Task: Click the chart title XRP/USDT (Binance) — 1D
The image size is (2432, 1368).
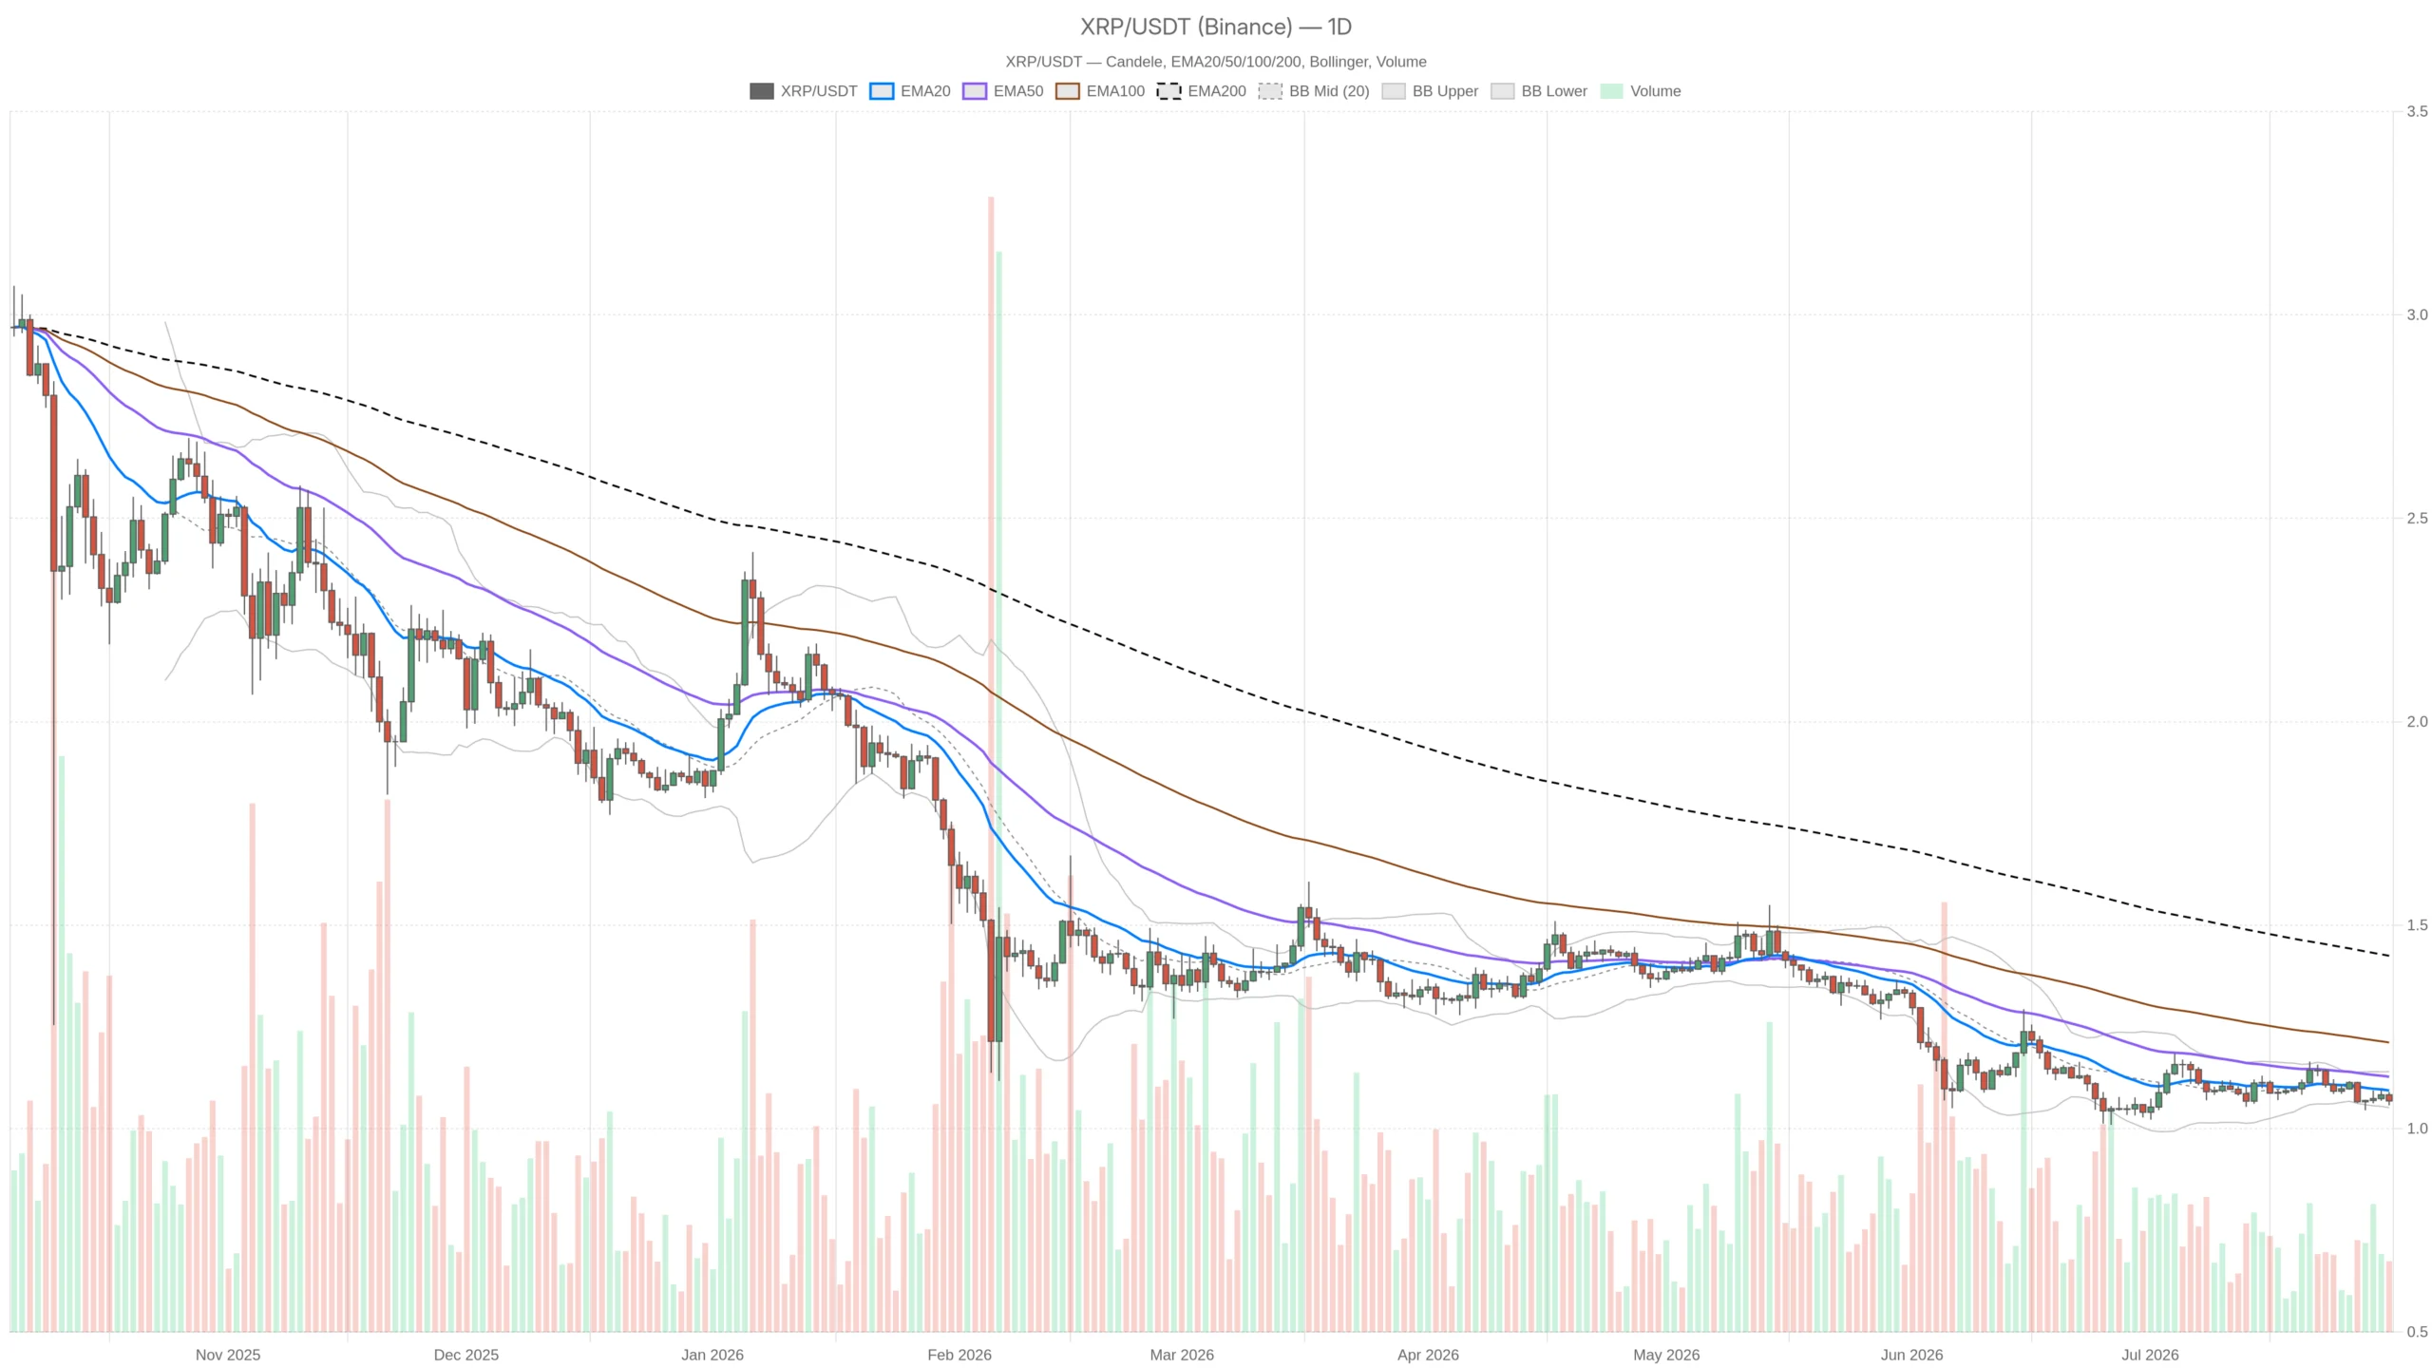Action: [1216, 27]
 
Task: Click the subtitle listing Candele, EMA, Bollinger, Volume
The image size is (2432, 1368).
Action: [1216, 62]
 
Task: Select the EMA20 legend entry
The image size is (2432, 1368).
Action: [909, 91]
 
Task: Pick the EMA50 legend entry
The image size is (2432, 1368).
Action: [1002, 91]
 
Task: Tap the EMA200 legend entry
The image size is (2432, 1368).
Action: [1201, 91]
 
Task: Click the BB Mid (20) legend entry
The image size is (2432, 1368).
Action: [1314, 91]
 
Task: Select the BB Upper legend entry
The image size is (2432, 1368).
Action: [1430, 91]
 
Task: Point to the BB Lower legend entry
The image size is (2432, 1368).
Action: [1539, 91]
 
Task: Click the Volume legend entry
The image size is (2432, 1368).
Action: [1641, 91]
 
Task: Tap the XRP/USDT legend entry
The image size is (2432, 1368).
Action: [803, 91]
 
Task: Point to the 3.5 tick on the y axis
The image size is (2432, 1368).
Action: [2417, 111]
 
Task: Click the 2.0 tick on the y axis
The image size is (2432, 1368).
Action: [2417, 722]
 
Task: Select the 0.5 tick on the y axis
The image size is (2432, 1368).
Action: [2417, 1332]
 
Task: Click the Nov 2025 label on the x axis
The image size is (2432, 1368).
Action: [228, 1355]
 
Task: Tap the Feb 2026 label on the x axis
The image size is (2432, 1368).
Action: [959, 1355]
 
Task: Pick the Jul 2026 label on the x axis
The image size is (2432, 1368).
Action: [2150, 1355]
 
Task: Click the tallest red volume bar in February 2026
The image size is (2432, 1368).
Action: [991, 764]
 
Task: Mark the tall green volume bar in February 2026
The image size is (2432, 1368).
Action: [998, 791]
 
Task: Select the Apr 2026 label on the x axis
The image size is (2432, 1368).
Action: [1428, 1355]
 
